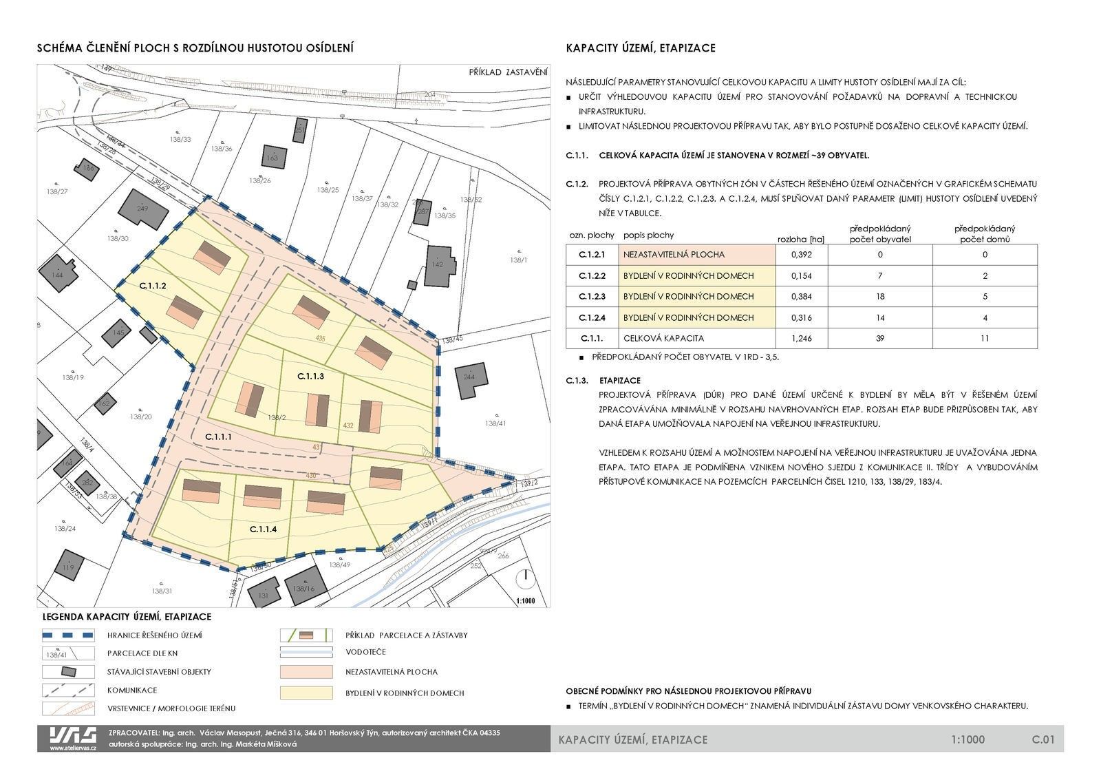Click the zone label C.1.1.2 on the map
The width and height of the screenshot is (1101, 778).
pos(153,285)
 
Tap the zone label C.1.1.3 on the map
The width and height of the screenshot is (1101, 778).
pos(310,377)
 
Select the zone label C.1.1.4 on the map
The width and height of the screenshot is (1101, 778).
pos(263,529)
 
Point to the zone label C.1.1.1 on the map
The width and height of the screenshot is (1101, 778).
pos(219,437)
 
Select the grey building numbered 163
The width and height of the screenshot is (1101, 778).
pos(272,157)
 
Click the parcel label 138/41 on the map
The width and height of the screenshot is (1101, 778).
pos(495,423)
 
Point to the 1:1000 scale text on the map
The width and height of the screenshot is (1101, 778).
pos(526,601)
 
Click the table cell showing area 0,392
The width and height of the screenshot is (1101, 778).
pos(801,255)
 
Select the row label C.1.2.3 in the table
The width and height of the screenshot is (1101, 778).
pos(592,297)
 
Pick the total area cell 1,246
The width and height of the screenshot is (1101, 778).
pos(801,339)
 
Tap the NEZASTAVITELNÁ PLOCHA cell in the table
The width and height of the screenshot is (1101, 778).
pos(697,255)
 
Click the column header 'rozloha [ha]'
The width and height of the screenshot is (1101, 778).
pos(800,239)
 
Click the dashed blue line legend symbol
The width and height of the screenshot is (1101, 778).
pos(67,635)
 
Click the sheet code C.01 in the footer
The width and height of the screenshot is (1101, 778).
pos(1043,740)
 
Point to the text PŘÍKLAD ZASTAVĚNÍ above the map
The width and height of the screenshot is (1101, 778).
pos(508,72)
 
